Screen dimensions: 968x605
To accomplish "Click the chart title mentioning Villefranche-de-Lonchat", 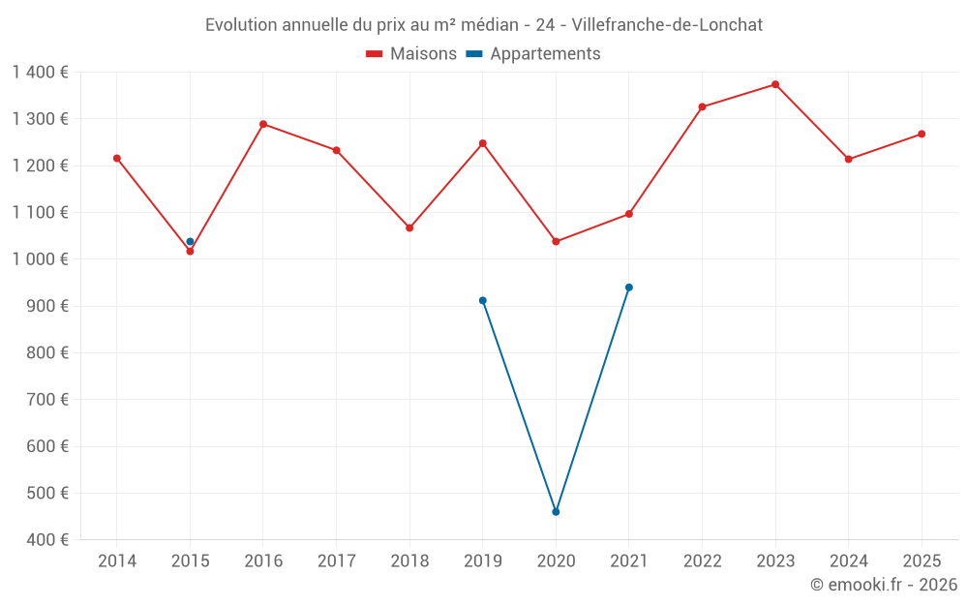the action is (x=484, y=25).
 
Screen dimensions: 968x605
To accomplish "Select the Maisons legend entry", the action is (x=411, y=53).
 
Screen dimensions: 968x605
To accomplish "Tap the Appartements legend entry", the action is (x=533, y=53).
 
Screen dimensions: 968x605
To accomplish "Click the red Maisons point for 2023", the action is (x=775, y=84).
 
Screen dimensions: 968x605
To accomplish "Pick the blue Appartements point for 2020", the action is (x=556, y=512).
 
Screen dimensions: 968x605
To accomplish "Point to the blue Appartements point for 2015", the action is (x=190, y=241).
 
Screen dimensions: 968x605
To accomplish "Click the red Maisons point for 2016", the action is (x=263, y=124).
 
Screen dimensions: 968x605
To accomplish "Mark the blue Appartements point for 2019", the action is (x=483, y=301).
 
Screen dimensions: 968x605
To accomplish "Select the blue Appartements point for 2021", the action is (x=629, y=287).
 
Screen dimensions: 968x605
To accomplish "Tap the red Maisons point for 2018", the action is (x=409, y=227).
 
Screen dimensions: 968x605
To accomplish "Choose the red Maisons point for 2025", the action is (x=922, y=134).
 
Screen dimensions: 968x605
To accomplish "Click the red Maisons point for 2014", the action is (x=117, y=158).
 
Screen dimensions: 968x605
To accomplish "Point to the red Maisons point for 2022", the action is (x=702, y=106).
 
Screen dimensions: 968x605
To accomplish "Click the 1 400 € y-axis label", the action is (x=40, y=73).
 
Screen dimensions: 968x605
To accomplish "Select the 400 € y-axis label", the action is (x=47, y=539).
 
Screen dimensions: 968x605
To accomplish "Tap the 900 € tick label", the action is (x=47, y=306).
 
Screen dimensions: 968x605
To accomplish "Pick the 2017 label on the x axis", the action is (x=337, y=560).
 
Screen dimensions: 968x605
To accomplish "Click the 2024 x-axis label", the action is (x=848, y=560).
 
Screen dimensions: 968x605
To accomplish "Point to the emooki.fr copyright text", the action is (x=884, y=584).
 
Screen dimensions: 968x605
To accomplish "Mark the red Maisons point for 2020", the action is (x=556, y=241).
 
